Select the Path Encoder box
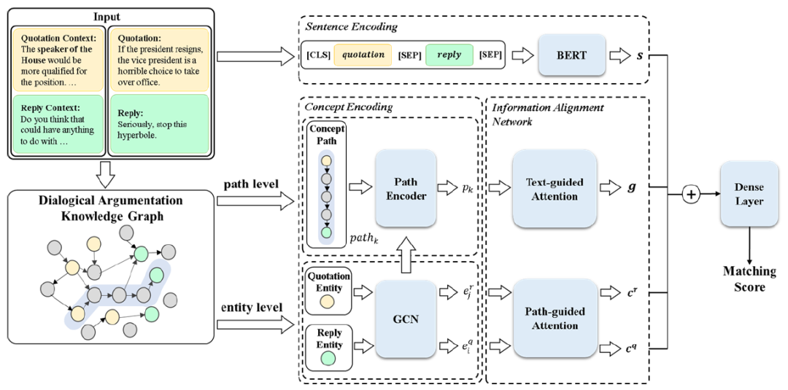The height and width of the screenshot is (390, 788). coord(406,187)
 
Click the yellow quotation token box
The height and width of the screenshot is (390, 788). coord(364,55)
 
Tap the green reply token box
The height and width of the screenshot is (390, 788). coord(449,55)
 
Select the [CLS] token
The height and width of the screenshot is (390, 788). coord(319,55)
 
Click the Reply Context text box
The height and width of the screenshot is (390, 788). coord(58,129)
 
